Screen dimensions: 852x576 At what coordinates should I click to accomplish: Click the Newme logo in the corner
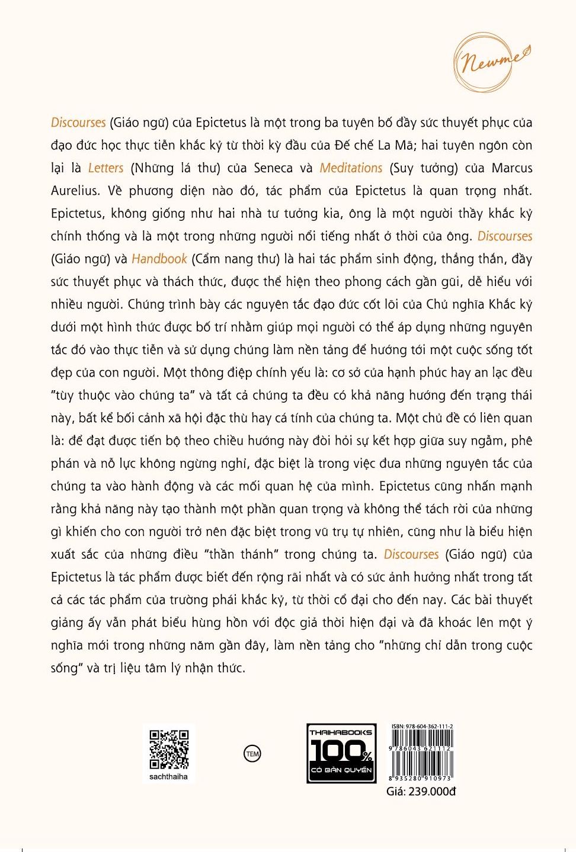[491, 62]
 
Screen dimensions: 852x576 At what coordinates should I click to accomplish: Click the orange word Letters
[105, 168]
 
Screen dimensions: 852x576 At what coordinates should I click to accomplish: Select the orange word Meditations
[351, 168]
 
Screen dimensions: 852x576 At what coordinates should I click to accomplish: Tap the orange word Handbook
[159, 259]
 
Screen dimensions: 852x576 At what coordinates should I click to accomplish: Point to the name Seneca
[273, 168]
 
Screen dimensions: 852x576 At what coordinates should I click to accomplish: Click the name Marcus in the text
[512, 168]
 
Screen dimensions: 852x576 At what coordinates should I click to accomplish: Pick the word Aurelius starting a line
[75, 191]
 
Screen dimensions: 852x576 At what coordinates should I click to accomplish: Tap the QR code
[169, 749]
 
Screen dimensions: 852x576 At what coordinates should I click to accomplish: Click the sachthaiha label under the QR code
[168, 776]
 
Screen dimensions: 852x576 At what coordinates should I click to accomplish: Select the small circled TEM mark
[252, 754]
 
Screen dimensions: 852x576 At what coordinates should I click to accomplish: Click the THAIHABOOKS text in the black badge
[341, 732]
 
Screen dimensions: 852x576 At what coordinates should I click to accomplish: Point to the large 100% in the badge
[341, 751]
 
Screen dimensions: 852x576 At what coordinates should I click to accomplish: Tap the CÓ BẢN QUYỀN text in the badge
[341, 770]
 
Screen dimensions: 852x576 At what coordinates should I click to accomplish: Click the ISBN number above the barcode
[422, 726]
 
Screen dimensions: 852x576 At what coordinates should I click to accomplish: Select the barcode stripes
[421, 752]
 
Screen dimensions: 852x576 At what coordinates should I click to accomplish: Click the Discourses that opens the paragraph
[78, 123]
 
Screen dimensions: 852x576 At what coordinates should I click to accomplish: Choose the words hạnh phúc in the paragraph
[419, 372]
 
